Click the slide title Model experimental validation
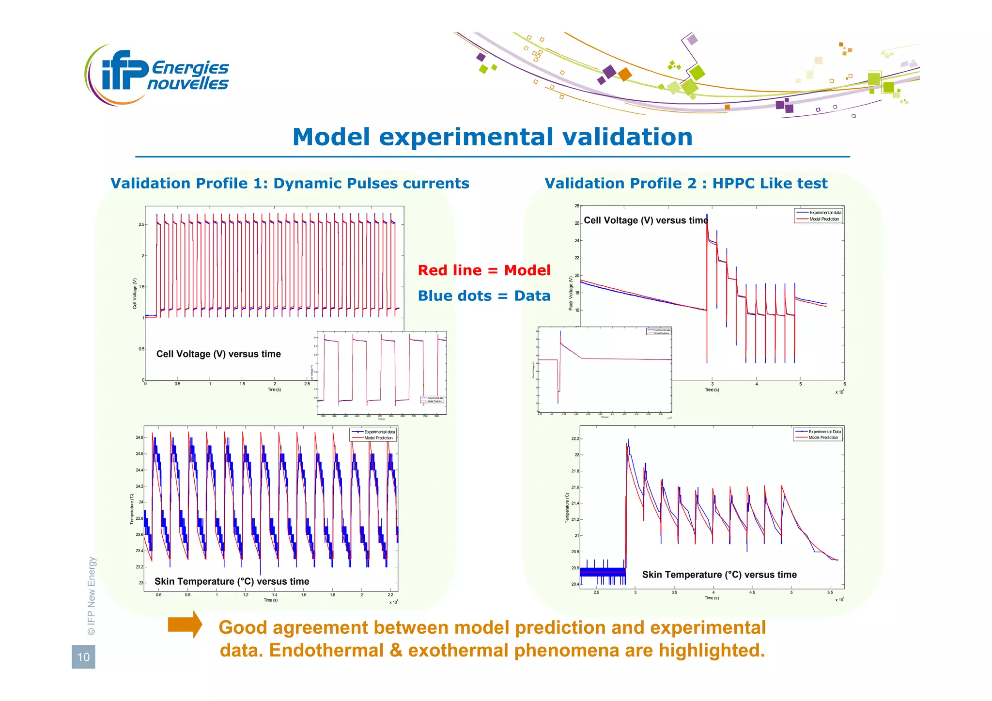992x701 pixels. coord(492,137)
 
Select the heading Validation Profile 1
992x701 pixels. coord(290,184)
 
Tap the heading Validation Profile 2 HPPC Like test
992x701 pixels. coord(686,184)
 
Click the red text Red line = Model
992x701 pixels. coord(484,270)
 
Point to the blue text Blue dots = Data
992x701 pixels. coord(484,296)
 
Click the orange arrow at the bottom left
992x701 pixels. coord(185,624)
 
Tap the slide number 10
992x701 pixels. coord(83,657)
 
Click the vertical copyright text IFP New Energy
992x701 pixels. coord(92,596)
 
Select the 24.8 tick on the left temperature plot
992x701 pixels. coord(139,437)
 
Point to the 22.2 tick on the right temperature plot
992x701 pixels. coord(574,439)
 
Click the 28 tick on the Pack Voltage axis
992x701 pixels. coord(577,206)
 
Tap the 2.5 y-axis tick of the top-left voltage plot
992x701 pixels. coord(141,225)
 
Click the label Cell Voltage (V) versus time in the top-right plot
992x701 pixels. coord(646,220)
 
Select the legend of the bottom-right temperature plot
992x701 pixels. coord(818,435)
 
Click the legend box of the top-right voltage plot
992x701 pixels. coord(819,216)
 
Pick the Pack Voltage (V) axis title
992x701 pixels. coord(571,293)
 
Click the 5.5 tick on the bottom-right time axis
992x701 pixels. coord(830,592)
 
